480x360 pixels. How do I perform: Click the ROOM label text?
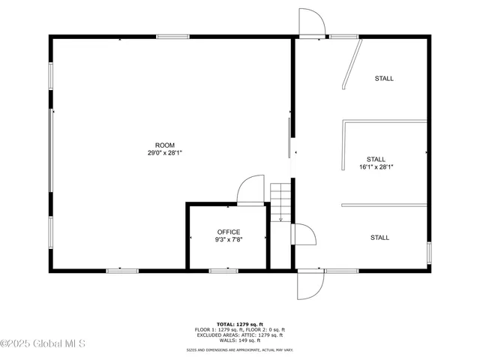[165, 145]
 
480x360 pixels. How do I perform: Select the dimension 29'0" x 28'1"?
[165, 152]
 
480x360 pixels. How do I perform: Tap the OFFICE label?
[229, 232]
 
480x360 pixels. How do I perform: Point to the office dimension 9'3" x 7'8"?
[229, 239]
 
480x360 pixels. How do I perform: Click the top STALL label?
[384, 78]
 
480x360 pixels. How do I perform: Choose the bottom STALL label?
[379, 238]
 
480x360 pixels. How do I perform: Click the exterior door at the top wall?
[311, 22]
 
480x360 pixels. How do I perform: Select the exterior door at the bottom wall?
[310, 284]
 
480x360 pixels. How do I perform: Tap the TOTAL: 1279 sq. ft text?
[240, 324]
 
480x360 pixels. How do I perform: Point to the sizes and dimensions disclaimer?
[240, 350]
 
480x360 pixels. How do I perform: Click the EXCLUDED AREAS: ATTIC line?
[240, 334]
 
